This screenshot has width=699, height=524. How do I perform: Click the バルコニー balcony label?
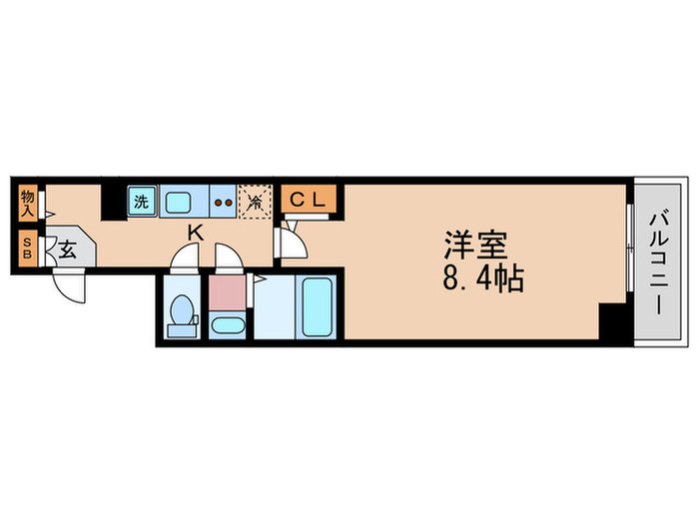tap(660, 262)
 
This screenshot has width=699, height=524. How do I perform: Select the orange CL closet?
tap(309, 200)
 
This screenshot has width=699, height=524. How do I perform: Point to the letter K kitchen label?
tap(197, 233)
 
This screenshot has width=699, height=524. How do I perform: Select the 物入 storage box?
tap(28, 204)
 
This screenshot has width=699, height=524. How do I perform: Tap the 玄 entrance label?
tap(68, 251)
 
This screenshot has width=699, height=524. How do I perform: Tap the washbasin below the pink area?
tap(228, 325)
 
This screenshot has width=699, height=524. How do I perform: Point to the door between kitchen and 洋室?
tap(292, 240)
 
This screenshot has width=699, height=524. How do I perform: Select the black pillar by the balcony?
tap(613, 322)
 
